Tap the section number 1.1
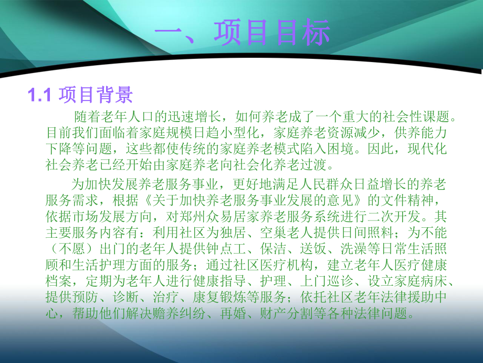coord(38,95)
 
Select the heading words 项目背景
coord(96,95)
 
